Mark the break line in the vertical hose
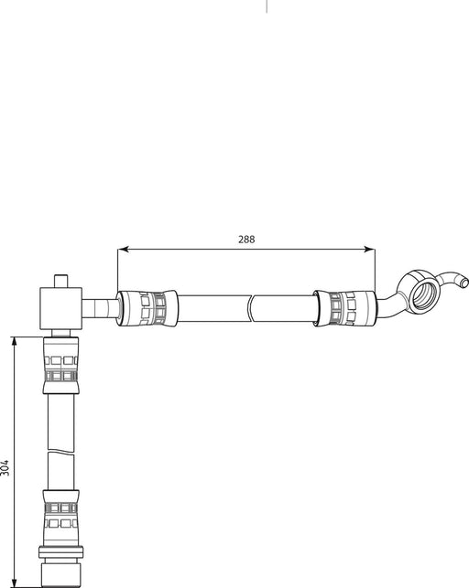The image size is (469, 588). (61, 449)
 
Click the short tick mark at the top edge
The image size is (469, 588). (267, 5)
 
